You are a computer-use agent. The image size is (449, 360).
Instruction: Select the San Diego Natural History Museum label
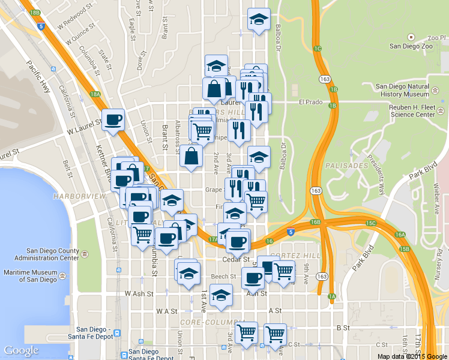tap(402, 90)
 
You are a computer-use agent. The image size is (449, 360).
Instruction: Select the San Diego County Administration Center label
tap(52, 254)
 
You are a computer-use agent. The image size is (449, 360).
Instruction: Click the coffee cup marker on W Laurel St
tap(113, 121)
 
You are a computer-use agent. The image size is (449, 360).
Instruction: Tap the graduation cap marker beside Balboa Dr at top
tap(259, 20)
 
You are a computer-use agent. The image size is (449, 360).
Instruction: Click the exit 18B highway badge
tap(34, 12)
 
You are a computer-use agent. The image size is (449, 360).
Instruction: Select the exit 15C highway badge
tap(372, 223)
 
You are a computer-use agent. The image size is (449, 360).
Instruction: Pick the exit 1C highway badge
tap(318, 48)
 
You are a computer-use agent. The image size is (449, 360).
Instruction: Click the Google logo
tap(21, 350)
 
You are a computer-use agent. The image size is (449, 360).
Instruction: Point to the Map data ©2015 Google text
tap(412, 356)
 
